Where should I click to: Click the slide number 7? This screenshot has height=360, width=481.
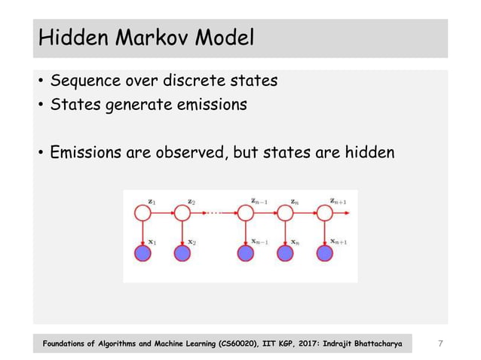[x=441, y=343]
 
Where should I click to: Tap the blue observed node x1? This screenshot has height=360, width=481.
[x=142, y=254]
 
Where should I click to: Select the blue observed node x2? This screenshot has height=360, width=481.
[x=182, y=254]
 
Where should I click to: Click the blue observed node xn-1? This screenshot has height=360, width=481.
[x=246, y=254]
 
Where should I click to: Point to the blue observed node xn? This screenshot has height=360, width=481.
[x=285, y=254]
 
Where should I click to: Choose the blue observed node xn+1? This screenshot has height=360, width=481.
[x=324, y=254]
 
